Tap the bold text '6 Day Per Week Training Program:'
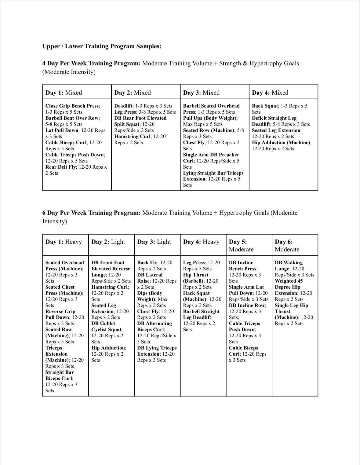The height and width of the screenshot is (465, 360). click(x=91, y=213)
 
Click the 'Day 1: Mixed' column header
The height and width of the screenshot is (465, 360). click(x=64, y=93)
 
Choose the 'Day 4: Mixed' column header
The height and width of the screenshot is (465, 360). click(x=270, y=93)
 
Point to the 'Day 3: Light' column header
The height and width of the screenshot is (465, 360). click(x=154, y=242)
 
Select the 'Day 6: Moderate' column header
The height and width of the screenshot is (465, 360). click(x=287, y=245)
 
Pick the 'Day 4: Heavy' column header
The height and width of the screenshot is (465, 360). click(x=201, y=242)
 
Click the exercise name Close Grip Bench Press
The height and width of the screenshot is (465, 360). click(x=72, y=106)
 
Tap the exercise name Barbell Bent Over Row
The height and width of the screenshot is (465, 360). click(x=72, y=118)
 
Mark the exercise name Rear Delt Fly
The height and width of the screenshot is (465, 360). click(x=60, y=167)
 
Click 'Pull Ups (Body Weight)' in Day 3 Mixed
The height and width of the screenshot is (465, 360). click(x=210, y=118)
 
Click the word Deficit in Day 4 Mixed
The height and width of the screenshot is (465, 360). click(x=260, y=118)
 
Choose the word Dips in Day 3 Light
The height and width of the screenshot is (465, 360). click(x=142, y=293)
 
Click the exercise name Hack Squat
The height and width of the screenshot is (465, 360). click(x=196, y=293)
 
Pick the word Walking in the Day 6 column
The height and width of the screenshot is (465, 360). click(x=293, y=263)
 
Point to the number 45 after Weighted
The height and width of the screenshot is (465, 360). click(x=300, y=281)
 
